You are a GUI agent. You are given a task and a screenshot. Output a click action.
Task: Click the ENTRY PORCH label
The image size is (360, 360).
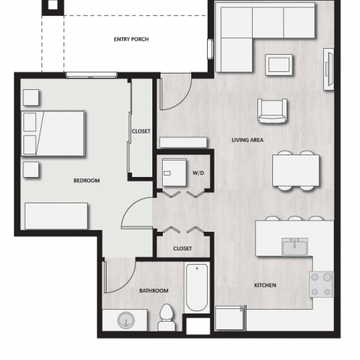pyautogui.click(x=130, y=39)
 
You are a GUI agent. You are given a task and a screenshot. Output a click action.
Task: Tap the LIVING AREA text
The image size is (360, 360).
pyautogui.click(x=247, y=140)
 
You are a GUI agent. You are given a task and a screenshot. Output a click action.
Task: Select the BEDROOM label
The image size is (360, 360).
pyautogui.click(x=86, y=181)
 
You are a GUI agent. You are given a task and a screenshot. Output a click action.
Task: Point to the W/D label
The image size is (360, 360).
pyautogui.click(x=198, y=173)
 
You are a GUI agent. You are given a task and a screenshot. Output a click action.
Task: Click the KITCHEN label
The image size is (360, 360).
pyautogui.click(x=265, y=286)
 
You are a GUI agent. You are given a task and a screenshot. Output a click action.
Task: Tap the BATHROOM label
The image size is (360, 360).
pyautogui.click(x=154, y=291)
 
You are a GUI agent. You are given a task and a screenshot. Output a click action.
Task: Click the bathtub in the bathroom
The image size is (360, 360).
pyautogui.click(x=197, y=287)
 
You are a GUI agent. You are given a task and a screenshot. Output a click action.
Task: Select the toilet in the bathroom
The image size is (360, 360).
pyautogui.click(x=167, y=319)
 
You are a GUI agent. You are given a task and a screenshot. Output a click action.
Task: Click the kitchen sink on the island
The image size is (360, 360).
pyautogui.click(x=295, y=245)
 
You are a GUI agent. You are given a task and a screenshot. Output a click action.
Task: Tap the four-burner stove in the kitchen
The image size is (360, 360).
pyautogui.click(x=322, y=283)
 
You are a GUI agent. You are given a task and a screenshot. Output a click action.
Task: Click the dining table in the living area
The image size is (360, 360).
pyautogui.click(x=294, y=169)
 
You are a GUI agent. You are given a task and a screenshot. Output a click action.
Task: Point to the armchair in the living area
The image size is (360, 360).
pyautogui.click(x=271, y=111)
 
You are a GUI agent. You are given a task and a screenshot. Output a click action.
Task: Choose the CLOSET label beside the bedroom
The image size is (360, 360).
pyautogui.click(x=141, y=131)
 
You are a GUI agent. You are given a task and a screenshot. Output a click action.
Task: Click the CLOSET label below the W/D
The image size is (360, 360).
pyautogui.click(x=182, y=248)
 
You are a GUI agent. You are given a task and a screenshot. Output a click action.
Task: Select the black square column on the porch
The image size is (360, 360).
pyautogui.click(x=52, y=7)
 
